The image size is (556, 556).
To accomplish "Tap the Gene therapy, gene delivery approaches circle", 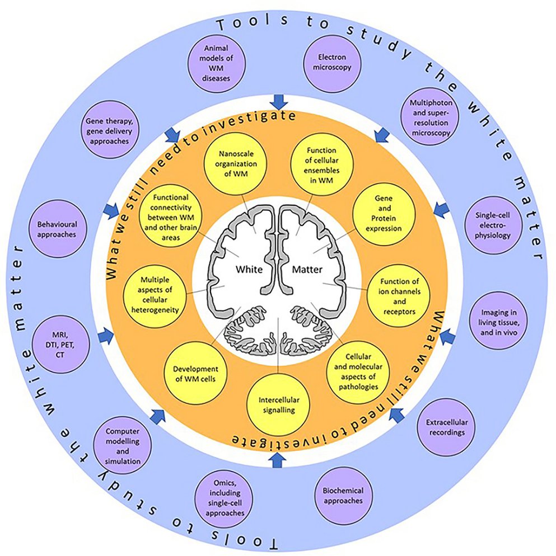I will tap(108, 131).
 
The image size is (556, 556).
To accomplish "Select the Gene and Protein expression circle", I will tap(381, 214).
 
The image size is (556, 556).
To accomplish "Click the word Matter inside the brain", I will tap(308, 269).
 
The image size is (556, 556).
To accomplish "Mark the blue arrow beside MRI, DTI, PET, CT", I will tap(105, 336).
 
